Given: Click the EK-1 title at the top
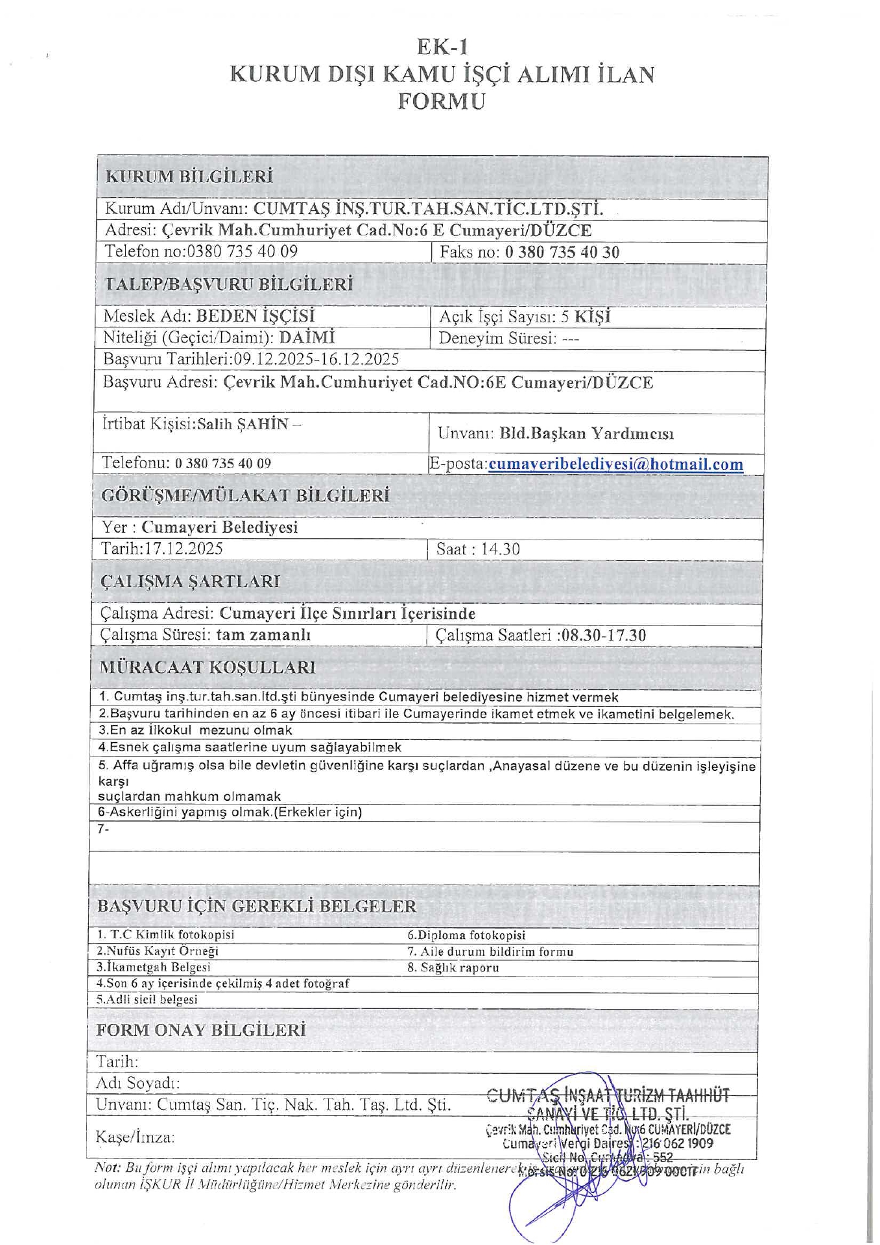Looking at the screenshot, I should coord(442,47).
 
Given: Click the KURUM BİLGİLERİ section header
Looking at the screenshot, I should coord(189,176).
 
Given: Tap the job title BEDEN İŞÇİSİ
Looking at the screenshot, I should coord(255,316).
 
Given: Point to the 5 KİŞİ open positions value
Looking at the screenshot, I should coord(586,316).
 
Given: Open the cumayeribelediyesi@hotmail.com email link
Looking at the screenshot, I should coord(615,464).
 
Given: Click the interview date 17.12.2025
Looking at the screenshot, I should coord(184,549).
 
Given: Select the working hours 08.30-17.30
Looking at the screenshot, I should coord(604,635).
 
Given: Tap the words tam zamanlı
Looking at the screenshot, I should coord(263,634).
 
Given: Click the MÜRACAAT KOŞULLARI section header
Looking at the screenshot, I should coord(208,667).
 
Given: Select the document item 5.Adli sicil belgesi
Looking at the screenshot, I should coord(147,999).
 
